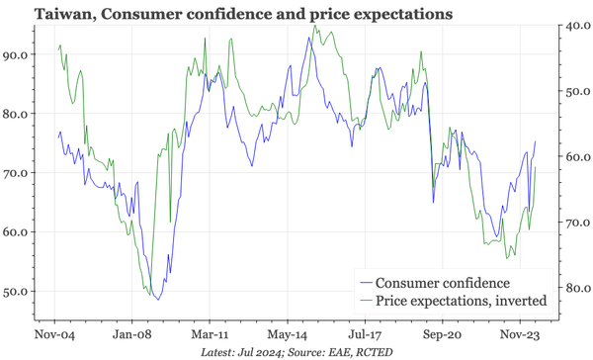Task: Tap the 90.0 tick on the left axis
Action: (17, 55)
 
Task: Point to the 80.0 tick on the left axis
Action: (17, 114)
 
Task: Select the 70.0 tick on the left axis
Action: (17, 173)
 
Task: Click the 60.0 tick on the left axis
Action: (17, 232)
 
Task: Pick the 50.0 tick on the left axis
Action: (17, 292)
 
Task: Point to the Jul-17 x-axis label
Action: (364, 334)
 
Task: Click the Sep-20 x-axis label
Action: (441, 334)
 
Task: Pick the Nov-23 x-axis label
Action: (518, 334)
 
